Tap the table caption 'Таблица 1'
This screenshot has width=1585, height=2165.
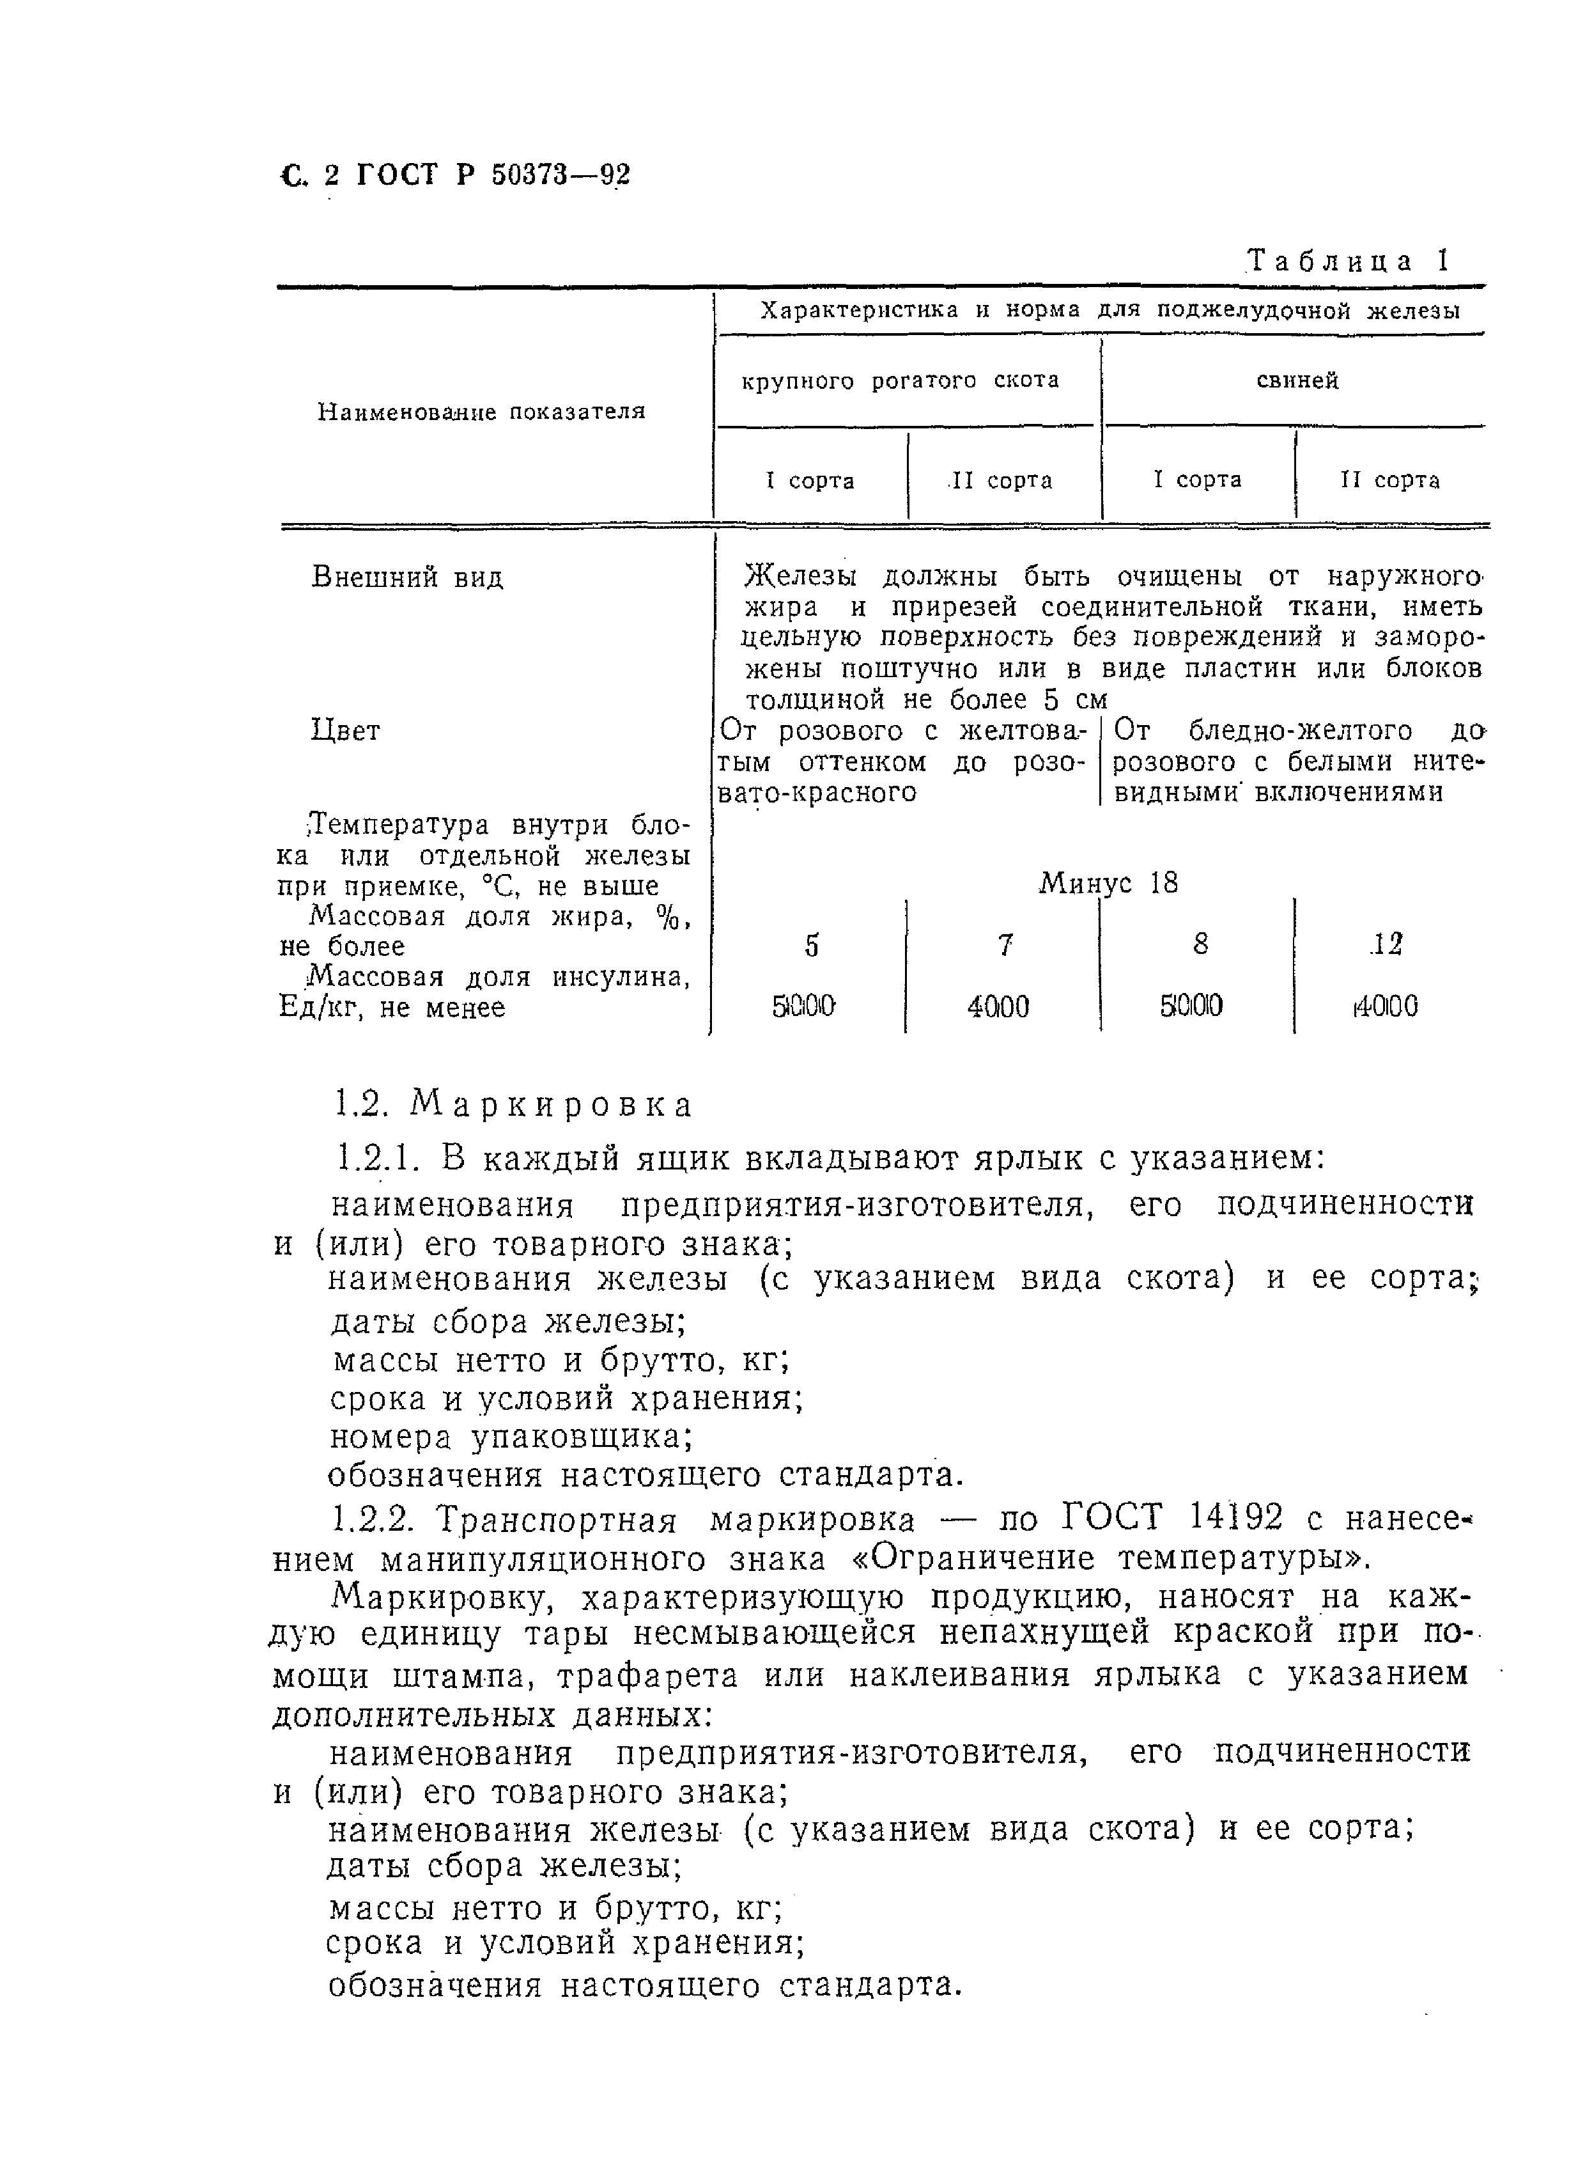[x=1347, y=261]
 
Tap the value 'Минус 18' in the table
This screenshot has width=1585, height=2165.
[x=1108, y=883]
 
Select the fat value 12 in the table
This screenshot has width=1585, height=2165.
[x=1386, y=945]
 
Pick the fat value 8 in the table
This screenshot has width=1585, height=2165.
[x=1200, y=945]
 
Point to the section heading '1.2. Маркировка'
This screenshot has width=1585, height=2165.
[x=513, y=1106]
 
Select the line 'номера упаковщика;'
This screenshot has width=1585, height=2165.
[x=511, y=1437]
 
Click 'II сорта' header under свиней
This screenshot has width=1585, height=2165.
[x=1389, y=480]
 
